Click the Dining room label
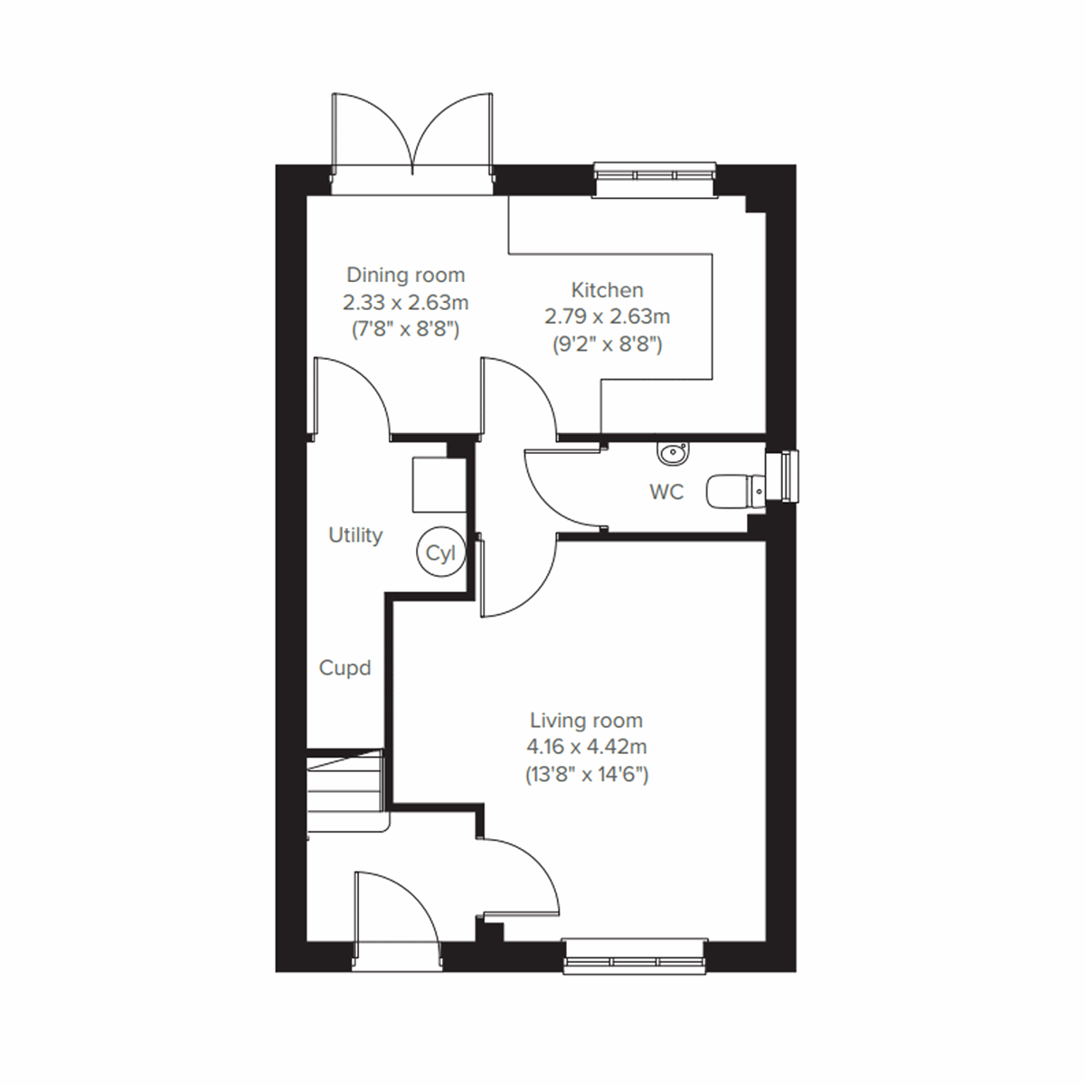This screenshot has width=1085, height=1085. click(406, 275)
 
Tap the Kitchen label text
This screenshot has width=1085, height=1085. click(607, 290)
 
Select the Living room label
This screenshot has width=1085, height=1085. click(586, 721)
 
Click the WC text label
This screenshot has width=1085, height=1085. click(666, 492)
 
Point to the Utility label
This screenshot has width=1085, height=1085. click(355, 535)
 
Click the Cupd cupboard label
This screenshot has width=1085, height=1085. click(345, 668)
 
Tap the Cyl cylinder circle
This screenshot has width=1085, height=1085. click(440, 552)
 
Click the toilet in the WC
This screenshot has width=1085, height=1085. click(732, 492)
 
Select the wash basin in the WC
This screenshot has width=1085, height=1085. click(673, 453)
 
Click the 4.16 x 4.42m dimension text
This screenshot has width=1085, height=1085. click(586, 748)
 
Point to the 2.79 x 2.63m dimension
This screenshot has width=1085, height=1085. click(607, 317)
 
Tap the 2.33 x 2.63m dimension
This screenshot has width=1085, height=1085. click(406, 302)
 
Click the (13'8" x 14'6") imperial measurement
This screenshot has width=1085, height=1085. click(586, 775)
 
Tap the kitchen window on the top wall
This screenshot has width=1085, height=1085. click(655, 179)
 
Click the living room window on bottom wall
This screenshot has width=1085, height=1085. click(635, 955)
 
